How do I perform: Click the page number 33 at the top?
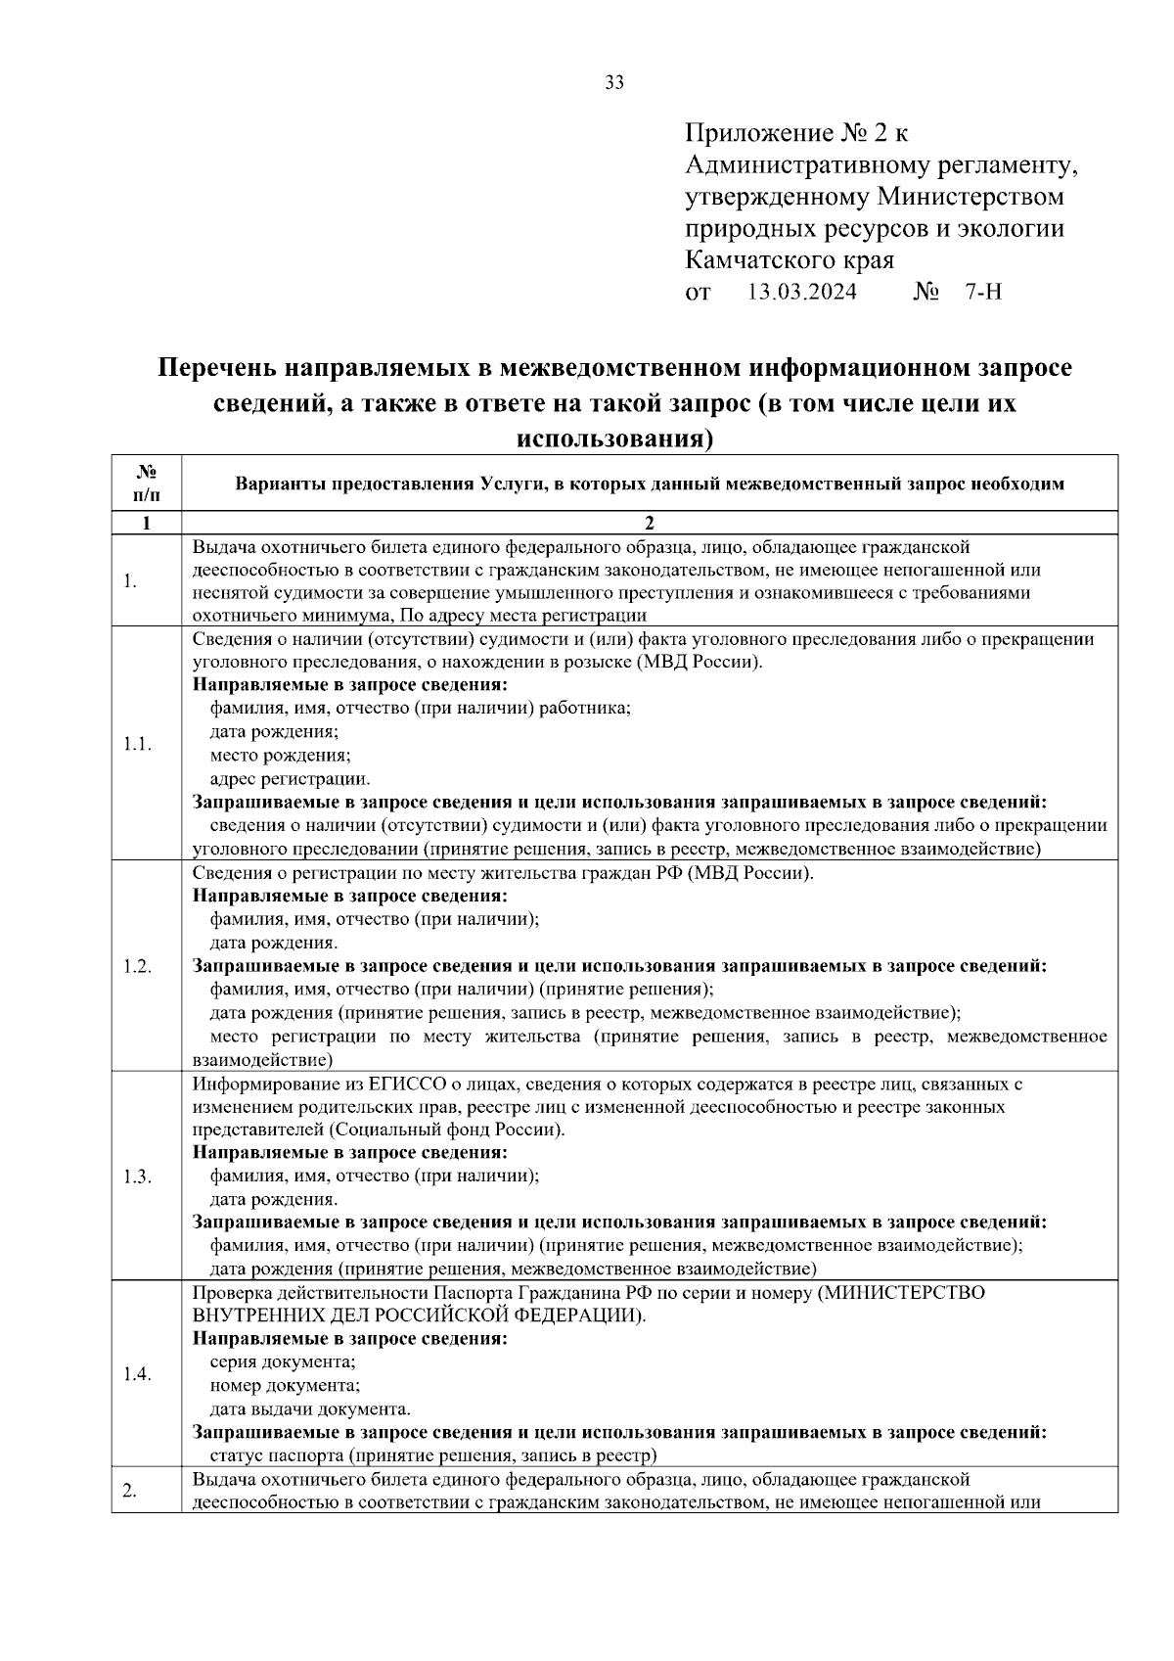click(614, 83)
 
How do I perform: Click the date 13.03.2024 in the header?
click(801, 293)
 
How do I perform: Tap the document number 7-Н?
click(982, 293)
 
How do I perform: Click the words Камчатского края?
click(790, 260)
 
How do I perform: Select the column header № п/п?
click(146, 484)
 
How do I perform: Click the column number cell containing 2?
click(649, 523)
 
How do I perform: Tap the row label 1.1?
click(137, 744)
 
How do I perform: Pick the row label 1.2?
click(137, 966)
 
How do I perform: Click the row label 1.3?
click(137, 1177)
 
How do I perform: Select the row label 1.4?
click(137, 1374)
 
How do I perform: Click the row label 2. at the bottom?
click(130, 1491)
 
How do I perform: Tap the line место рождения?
click(280, 756)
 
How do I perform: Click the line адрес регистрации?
click(290, 779)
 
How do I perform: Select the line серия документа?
click(283, 1362)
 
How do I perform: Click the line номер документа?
click(285, 1386)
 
